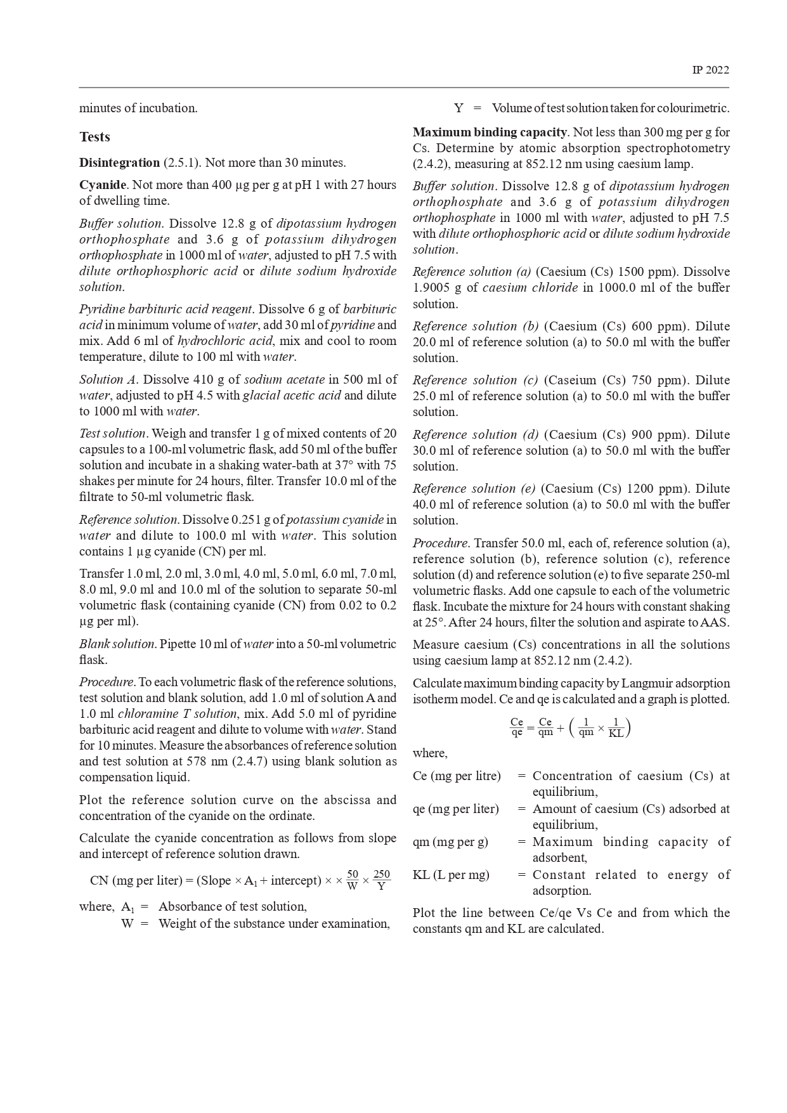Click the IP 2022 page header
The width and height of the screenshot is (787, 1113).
click(710, 70)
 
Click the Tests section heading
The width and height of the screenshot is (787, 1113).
click(94, 137)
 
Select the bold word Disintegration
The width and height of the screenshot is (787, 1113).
click(119, 162)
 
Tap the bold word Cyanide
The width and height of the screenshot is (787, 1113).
click(103, 185)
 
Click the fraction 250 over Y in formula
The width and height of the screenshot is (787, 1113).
click(381, 880)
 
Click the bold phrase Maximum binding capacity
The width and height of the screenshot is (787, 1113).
click(490, 132)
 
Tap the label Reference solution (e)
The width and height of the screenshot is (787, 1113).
click(474, 488)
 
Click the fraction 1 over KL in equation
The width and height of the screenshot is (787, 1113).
click(615, 727)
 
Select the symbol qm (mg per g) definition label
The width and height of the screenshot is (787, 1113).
click(450, 842)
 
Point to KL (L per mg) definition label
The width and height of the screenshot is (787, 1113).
click(451, 875)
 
